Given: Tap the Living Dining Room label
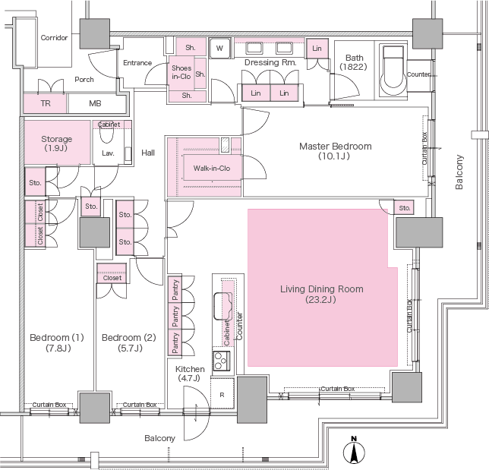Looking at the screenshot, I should point(321,294).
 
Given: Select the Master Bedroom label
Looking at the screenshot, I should point(335,151).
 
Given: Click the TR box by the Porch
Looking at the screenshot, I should point(45,104).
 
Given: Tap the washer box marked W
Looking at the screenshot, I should point(220,49).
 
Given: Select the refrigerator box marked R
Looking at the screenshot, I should point(221,395).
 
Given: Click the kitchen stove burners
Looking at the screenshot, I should point(220,361).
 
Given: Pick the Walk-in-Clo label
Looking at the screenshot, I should point(212,168).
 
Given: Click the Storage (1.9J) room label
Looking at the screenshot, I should point(57,144).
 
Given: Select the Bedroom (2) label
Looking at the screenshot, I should point(122,342).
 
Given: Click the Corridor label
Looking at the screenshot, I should point(54,37).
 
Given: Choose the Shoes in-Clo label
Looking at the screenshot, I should point(181,71).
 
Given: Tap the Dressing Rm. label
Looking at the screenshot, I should point(270,62).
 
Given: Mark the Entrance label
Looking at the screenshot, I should point(137,63).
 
